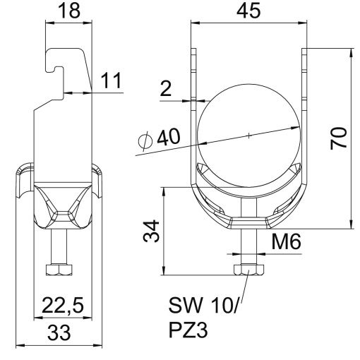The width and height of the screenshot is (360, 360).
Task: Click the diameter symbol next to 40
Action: click(145, 142)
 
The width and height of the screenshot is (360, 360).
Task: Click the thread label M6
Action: click(287, 242)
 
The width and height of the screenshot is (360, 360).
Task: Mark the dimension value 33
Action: click(59, 331)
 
